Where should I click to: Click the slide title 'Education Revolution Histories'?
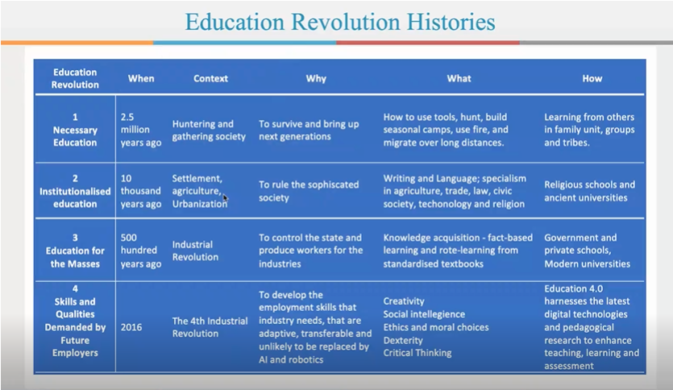(340, 22)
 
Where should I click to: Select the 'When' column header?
(141, 78)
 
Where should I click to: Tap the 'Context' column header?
(210, 78)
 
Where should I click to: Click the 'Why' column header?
(316, 78)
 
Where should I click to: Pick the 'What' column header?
(459, 78)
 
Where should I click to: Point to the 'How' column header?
(592, 78)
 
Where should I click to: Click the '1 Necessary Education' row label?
(75, 130)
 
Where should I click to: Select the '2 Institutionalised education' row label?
(75, 191)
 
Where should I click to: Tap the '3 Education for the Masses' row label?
(75, 251)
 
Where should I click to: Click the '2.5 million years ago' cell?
(141, 130)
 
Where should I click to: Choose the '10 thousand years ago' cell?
(141, 191)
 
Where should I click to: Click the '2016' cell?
(131, 327)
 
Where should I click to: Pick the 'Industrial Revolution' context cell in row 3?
(195, 251)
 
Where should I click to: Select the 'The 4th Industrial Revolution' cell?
(210, 327)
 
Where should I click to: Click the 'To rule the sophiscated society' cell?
(309, 191)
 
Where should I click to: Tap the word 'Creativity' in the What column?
(404, 301)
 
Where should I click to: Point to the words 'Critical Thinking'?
(418, 353)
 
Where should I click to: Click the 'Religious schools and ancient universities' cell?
(589, 191)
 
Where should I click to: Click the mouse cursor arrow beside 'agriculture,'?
(226, 197)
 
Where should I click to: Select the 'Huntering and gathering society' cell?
(209, 130)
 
